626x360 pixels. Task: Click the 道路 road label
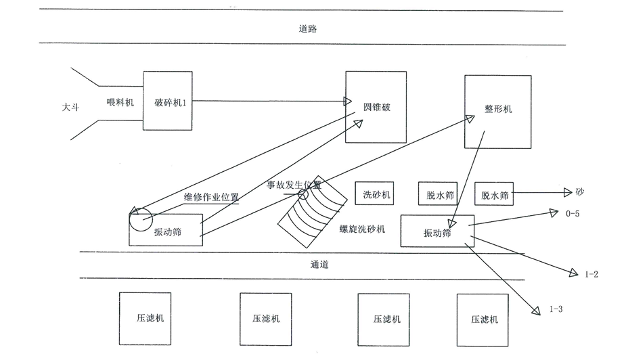(x=308, y=29)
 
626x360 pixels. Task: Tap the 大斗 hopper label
(x=70, y=106)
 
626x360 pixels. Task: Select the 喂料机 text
(x=120, y=102)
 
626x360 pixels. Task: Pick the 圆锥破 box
(x=376, y=107)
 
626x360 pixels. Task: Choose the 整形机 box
(x=497, y=111)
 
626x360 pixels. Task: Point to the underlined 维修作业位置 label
(x=211, y=198)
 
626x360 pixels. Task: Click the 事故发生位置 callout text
(x=294, y=184)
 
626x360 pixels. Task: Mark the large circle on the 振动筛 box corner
(x=141, y=219)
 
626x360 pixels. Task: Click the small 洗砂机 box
(x=376, y=194)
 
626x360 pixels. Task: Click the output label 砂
(x=580, y=192)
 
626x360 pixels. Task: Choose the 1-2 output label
(x=591, y=274)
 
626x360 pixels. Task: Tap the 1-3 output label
(x=556, y=309)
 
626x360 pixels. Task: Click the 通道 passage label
(x=319, y=265)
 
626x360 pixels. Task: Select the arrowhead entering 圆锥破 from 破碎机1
(x=348, y=102)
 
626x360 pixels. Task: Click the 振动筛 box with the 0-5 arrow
(x=437, y=231)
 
